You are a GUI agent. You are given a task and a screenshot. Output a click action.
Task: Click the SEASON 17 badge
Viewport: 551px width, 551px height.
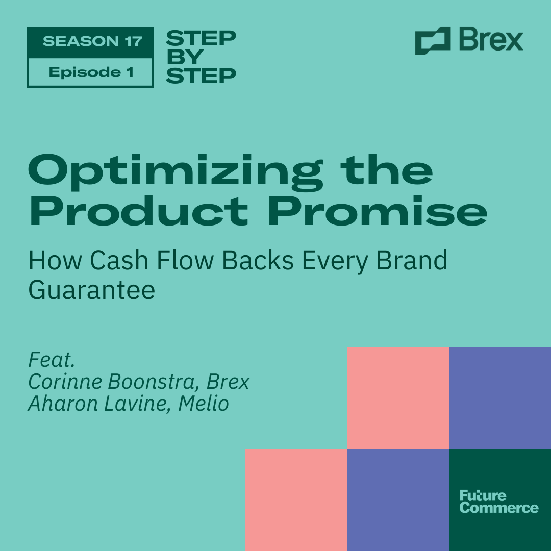(90, 41)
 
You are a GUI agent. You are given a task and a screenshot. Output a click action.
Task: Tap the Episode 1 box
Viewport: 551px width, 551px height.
(90, 72)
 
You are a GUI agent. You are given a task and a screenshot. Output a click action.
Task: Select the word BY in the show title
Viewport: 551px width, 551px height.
(185, 57)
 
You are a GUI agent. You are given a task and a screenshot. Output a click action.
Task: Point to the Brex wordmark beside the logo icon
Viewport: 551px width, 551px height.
(491, 40)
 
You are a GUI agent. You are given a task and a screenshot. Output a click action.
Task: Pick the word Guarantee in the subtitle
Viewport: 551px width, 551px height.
(92, 290)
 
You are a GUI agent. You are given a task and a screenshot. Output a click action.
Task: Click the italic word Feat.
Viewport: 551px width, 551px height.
(52, 360)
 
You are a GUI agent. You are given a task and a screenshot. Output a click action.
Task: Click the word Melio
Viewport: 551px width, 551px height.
(204, 404)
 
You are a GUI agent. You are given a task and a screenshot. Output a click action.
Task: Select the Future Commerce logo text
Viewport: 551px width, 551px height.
(498, 502)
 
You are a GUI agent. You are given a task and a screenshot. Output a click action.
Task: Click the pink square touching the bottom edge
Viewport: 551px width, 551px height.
(296, 500)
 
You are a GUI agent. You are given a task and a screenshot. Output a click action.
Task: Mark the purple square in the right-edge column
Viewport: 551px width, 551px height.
(500, 398)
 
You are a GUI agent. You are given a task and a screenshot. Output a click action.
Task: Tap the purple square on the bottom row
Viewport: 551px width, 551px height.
(398, 500)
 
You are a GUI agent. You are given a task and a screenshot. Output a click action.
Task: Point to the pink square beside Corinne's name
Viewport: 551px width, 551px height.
(398, 398)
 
